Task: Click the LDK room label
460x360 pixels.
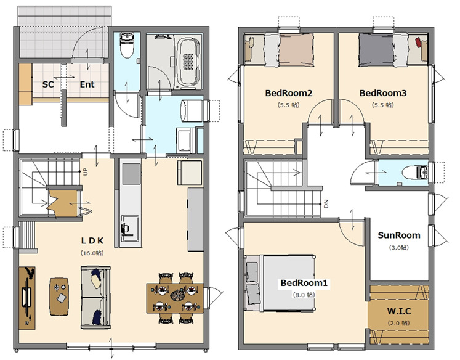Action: point(92,241)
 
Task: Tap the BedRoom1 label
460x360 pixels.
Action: point(304,283)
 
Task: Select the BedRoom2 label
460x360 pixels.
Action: point(289,93)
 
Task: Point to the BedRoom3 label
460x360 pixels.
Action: point(383,93)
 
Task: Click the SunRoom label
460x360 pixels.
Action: point(399,235)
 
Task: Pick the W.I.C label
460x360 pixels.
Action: point(399,311)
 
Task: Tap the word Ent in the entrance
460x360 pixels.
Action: point(87,84)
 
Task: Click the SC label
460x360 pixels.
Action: point(48,84)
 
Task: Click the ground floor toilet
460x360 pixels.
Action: point(127,45)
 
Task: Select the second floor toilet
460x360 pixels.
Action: point(415,173)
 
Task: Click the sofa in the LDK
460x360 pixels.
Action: point(95,298)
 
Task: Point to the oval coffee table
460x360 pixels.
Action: point(59,297)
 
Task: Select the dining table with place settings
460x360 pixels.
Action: point(175,298)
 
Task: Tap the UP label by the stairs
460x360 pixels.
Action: point(86,172)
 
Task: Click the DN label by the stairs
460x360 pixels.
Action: point(326,204)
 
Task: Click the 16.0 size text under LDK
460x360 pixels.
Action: point(92,253)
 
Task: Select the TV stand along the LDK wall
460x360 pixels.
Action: point(27,298)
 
